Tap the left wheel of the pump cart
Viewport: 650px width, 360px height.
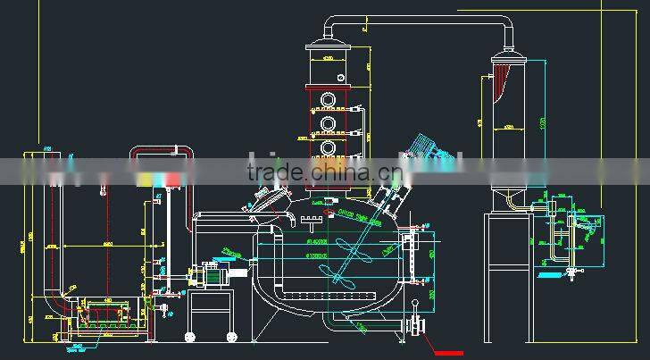point(190,337)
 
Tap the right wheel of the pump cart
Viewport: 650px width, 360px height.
point(230,337)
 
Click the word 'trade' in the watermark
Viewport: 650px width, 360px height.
point(273,172)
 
